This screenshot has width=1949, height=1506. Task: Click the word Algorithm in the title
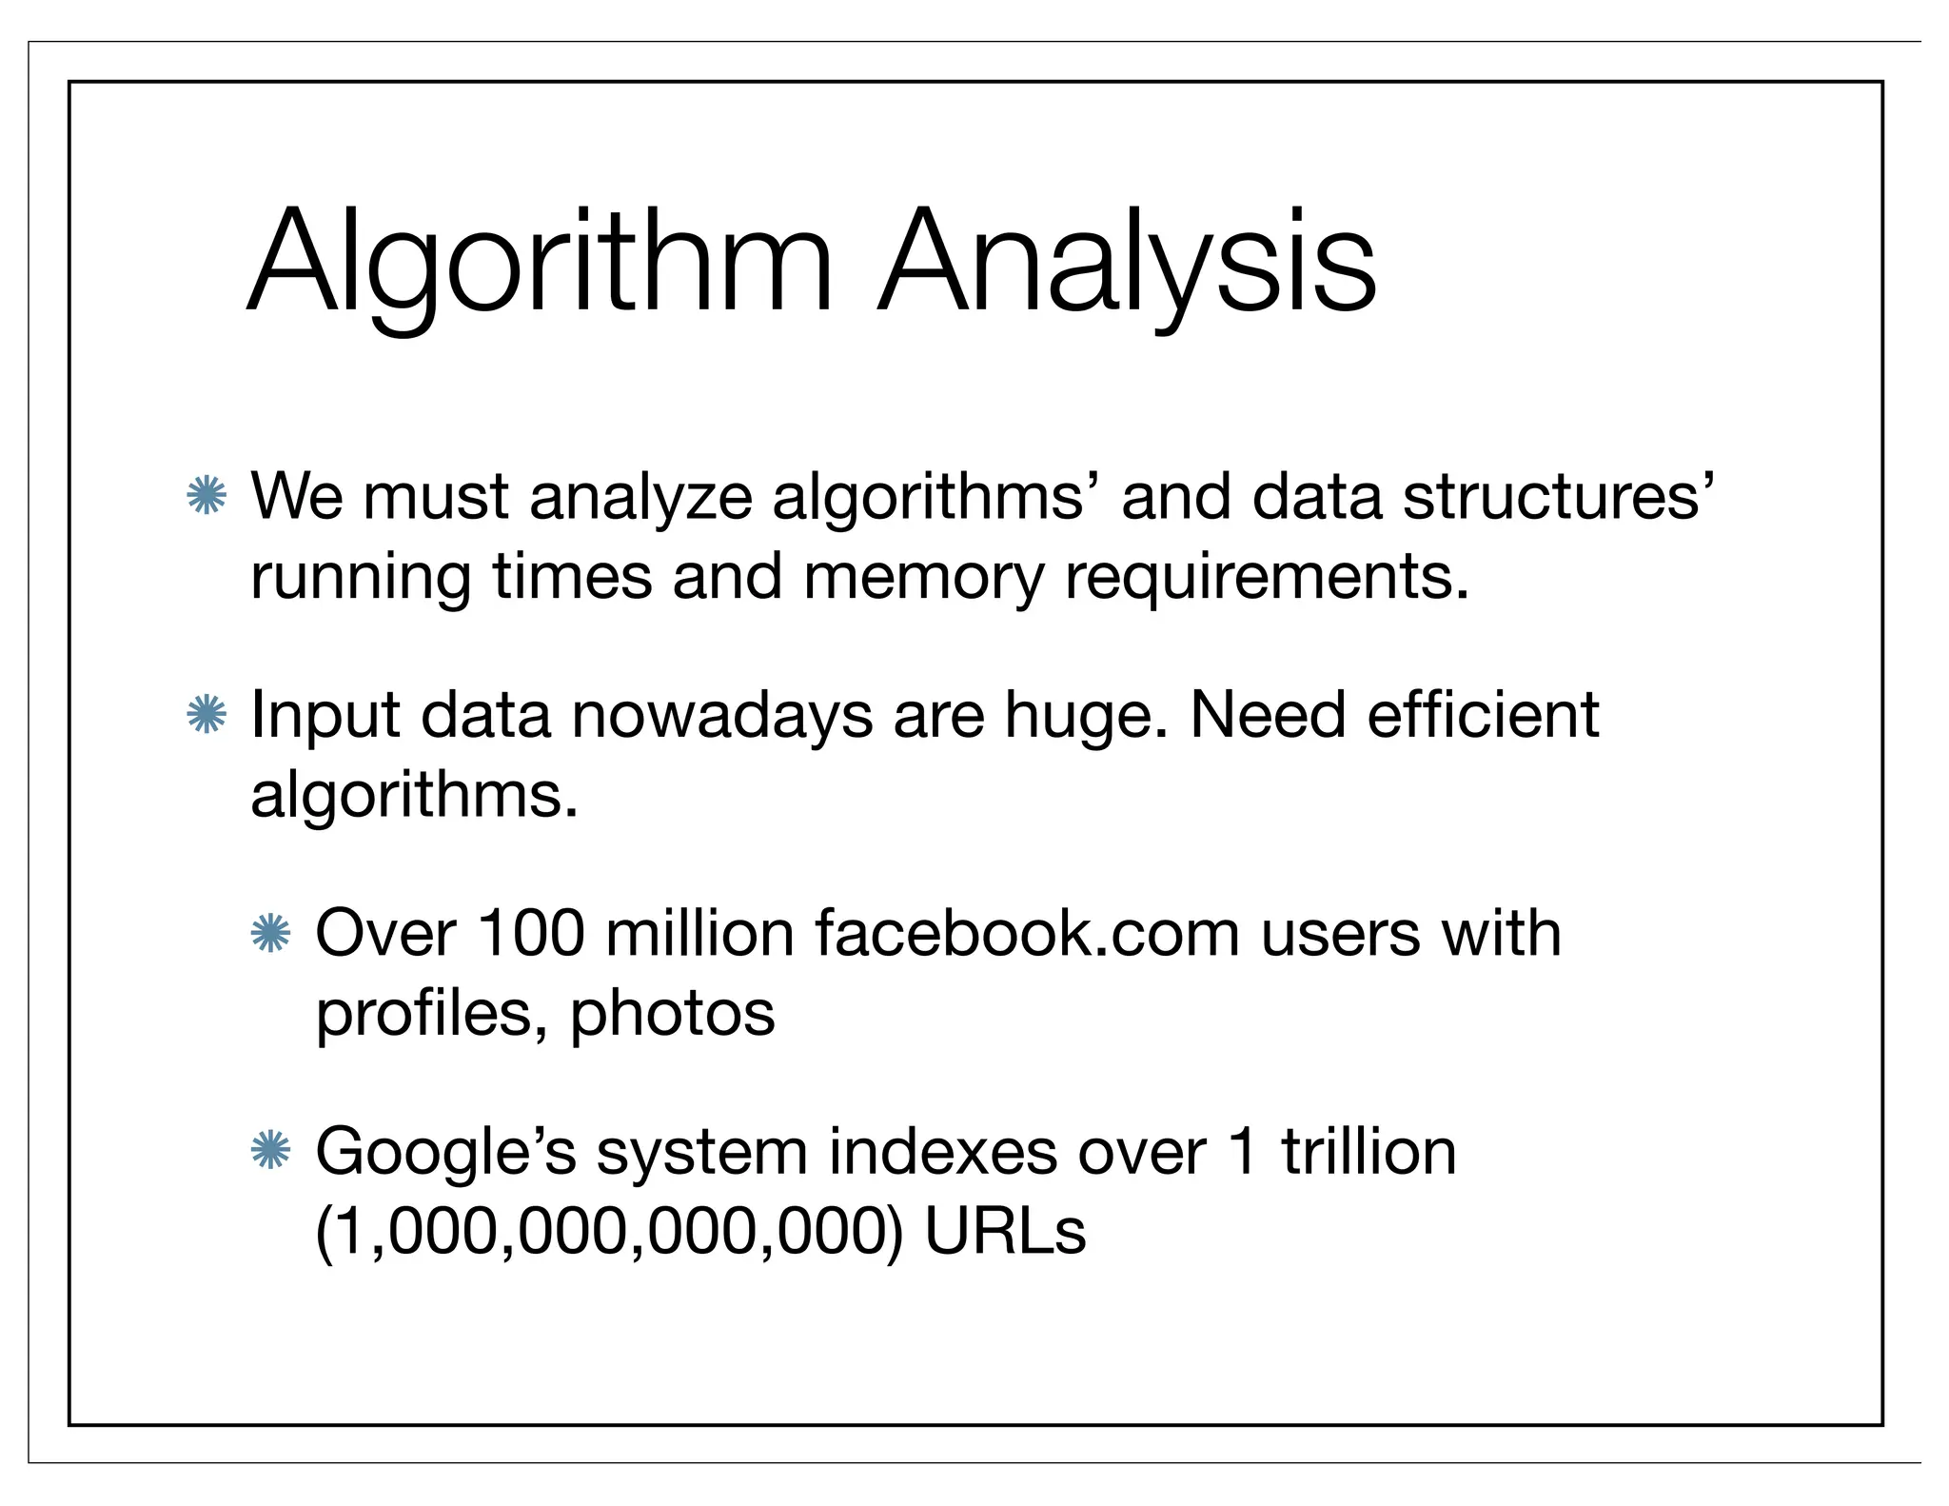click(x=540, y=262)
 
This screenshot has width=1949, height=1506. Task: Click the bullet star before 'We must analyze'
click(x=207, y=496)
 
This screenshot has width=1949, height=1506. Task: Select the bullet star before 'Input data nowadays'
click(x=207, y=715)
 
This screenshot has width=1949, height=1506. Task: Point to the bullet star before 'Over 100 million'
click(x=270, y=934)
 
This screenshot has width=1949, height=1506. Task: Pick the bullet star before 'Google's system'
click(x=270, y=1152)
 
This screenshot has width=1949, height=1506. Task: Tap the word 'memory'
click(x=923, y=577)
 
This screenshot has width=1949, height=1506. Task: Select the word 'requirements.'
click(x=1267, y=577)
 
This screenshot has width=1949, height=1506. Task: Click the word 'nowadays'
click(x=721, y=716)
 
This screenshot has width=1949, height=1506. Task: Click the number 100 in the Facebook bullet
click(x=530, y=933)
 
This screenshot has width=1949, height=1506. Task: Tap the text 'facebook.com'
click(x=1027, y=933)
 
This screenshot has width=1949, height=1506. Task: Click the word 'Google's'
click(x=445, y=1153)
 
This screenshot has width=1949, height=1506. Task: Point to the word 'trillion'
click(x=1368, y=1152)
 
